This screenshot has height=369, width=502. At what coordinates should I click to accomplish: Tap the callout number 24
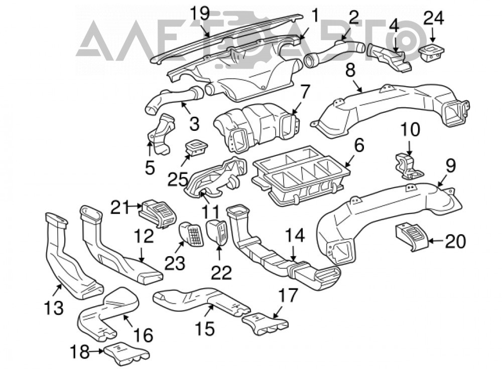point(434,18)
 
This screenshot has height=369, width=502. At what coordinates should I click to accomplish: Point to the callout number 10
point(410,130)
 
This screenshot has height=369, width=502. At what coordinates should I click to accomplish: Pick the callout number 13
point(54,308)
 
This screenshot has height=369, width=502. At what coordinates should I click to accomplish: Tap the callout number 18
point(80,352)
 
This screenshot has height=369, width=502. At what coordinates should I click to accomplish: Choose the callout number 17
point(288,296)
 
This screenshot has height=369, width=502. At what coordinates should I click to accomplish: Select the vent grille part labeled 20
point(412,237)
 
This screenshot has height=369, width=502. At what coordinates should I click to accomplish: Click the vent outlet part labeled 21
point(159,214)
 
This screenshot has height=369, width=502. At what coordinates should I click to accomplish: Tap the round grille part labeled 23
point(191,234)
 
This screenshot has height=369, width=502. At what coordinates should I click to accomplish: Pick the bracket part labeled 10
point(409,165)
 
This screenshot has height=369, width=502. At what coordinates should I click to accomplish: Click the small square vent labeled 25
point(196,148)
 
